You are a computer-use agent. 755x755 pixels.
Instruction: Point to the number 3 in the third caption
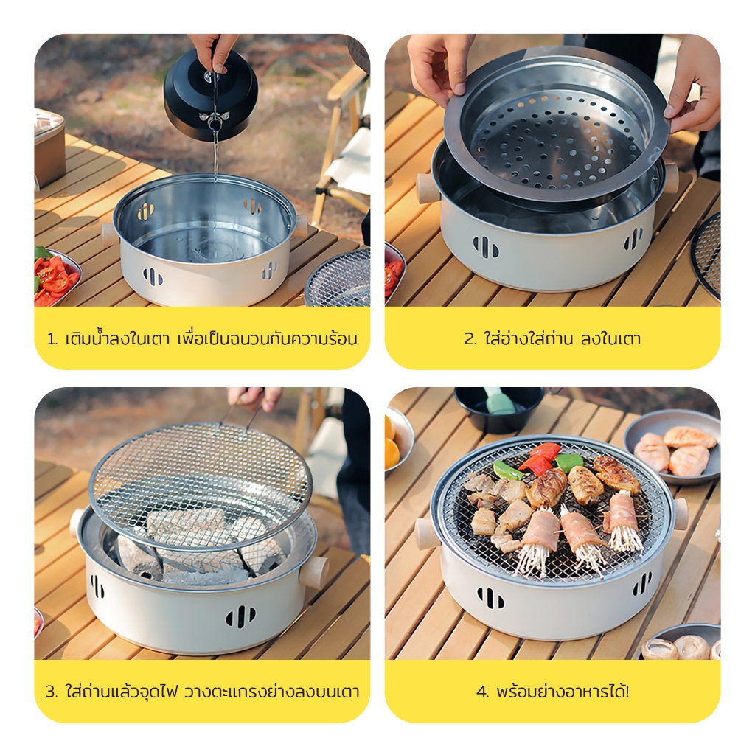click(x=51, y=692)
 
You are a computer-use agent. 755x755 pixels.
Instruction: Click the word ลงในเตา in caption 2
click(x=610, y=339)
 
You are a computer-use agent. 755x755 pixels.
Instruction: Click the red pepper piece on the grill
click(x=541, y=457)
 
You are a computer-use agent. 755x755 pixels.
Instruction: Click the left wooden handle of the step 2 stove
click(x=427, y=189)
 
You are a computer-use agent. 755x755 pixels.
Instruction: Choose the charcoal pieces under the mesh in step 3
click(x=192, y=544)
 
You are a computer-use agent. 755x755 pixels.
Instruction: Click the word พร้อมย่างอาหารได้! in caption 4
click(x=563, y=692)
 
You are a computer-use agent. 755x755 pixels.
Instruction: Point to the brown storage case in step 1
click(x=49, y=147)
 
